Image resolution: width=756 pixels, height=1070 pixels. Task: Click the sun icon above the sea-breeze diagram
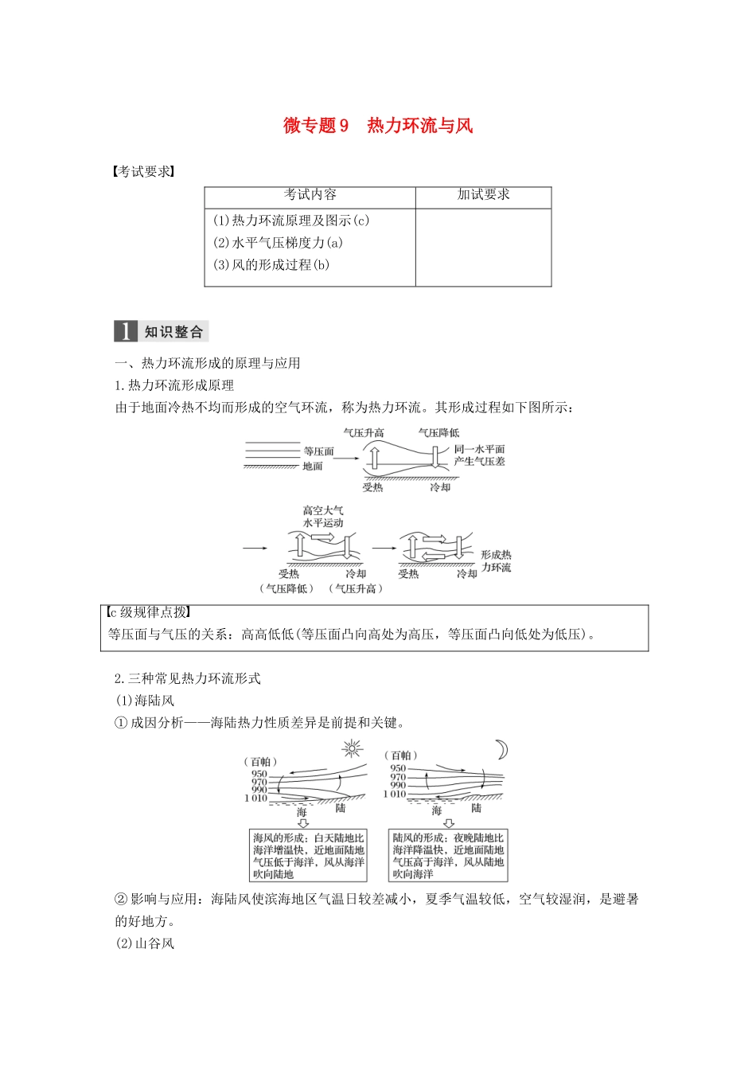(x=352, y=748)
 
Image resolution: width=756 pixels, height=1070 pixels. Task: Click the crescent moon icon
(x=501, y=750)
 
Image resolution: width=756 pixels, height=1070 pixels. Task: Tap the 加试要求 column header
(x=483, y=195)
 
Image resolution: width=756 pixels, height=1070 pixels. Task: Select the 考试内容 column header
(x=310, y=195)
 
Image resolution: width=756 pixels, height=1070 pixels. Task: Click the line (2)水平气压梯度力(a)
(x=278, y=243)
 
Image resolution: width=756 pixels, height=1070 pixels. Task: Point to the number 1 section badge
(x=126, y=331)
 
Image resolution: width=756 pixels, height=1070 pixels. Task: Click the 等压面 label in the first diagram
(x=318, y=451)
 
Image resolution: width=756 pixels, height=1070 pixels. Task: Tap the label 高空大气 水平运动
(x=322, y=517)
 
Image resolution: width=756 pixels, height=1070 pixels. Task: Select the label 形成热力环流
(x=496, y=561)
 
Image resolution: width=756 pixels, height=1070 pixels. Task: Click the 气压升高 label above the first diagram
(x=364, y=432)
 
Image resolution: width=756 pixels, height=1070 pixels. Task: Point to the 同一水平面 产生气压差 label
(x=479, y=455)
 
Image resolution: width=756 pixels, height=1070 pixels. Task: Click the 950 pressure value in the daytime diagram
(x=259, y=774)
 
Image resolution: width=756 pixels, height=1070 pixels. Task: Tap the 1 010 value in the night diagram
(x=395, y=794)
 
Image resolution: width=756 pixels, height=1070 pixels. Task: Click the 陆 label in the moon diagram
(x=476, y=808)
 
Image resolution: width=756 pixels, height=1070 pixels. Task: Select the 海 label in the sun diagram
(x=302, y=812)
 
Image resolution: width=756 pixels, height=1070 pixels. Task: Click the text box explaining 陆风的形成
(x=448, y=856)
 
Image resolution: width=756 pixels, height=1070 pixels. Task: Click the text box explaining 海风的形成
(x=309, y=856)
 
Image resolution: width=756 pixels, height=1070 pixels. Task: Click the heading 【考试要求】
(x=143, y=172)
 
